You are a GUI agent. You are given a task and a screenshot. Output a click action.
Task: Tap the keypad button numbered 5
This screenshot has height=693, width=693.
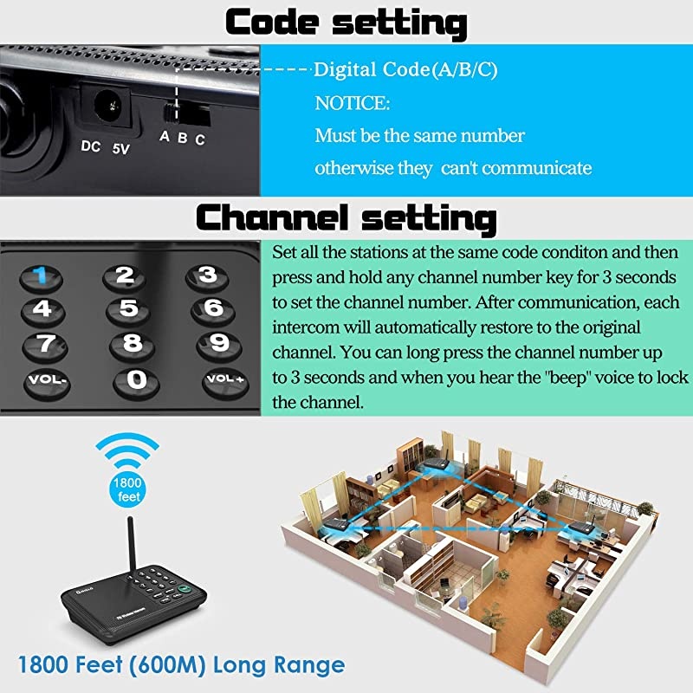point(128,310)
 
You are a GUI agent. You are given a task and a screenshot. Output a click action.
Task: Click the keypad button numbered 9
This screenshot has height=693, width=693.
point(219,345)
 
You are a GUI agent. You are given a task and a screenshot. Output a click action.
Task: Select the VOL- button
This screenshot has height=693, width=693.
point(47,382)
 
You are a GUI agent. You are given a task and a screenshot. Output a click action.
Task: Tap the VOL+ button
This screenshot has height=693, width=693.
point(225,381)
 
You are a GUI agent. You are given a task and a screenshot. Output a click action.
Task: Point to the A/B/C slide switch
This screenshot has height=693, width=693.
point(186,113)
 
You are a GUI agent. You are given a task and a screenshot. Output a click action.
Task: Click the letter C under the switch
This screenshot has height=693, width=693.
point(200,139)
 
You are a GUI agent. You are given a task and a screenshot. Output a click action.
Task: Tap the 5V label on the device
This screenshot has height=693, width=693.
point(120,148)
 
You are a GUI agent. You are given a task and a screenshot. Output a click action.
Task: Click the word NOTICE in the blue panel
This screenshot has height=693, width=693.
point(353,103)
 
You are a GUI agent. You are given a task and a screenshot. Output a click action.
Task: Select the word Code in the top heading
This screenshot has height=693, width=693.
point(272,23)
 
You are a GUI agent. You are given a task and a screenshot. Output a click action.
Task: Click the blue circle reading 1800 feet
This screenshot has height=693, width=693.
point(127,489)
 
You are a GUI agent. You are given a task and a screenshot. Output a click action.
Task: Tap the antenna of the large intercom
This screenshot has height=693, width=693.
point(132,547)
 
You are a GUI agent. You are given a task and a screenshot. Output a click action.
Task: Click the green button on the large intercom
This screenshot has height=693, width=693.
point(184,589)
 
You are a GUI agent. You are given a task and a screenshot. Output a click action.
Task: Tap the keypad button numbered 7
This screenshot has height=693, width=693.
point(45,345)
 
